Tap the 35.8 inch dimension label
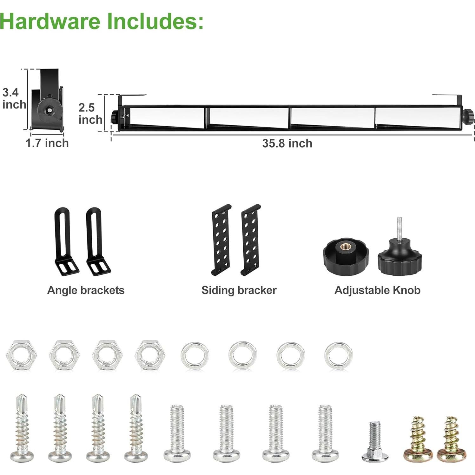click(x=287, y=143)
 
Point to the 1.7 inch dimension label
click(x=47, y=143)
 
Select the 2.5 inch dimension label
click(x=90, y=114)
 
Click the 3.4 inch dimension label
click(x=14, y=98)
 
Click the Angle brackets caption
click(x=86, y=290)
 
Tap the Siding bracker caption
click(x=239, y=290)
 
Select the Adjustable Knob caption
click(x=377, y=290)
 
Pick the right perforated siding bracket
click(x=251, y=240)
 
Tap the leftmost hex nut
click(x=22, y=355)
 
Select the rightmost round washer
click(x=338, y=355)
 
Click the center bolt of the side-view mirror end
click(x=50, y=110)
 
